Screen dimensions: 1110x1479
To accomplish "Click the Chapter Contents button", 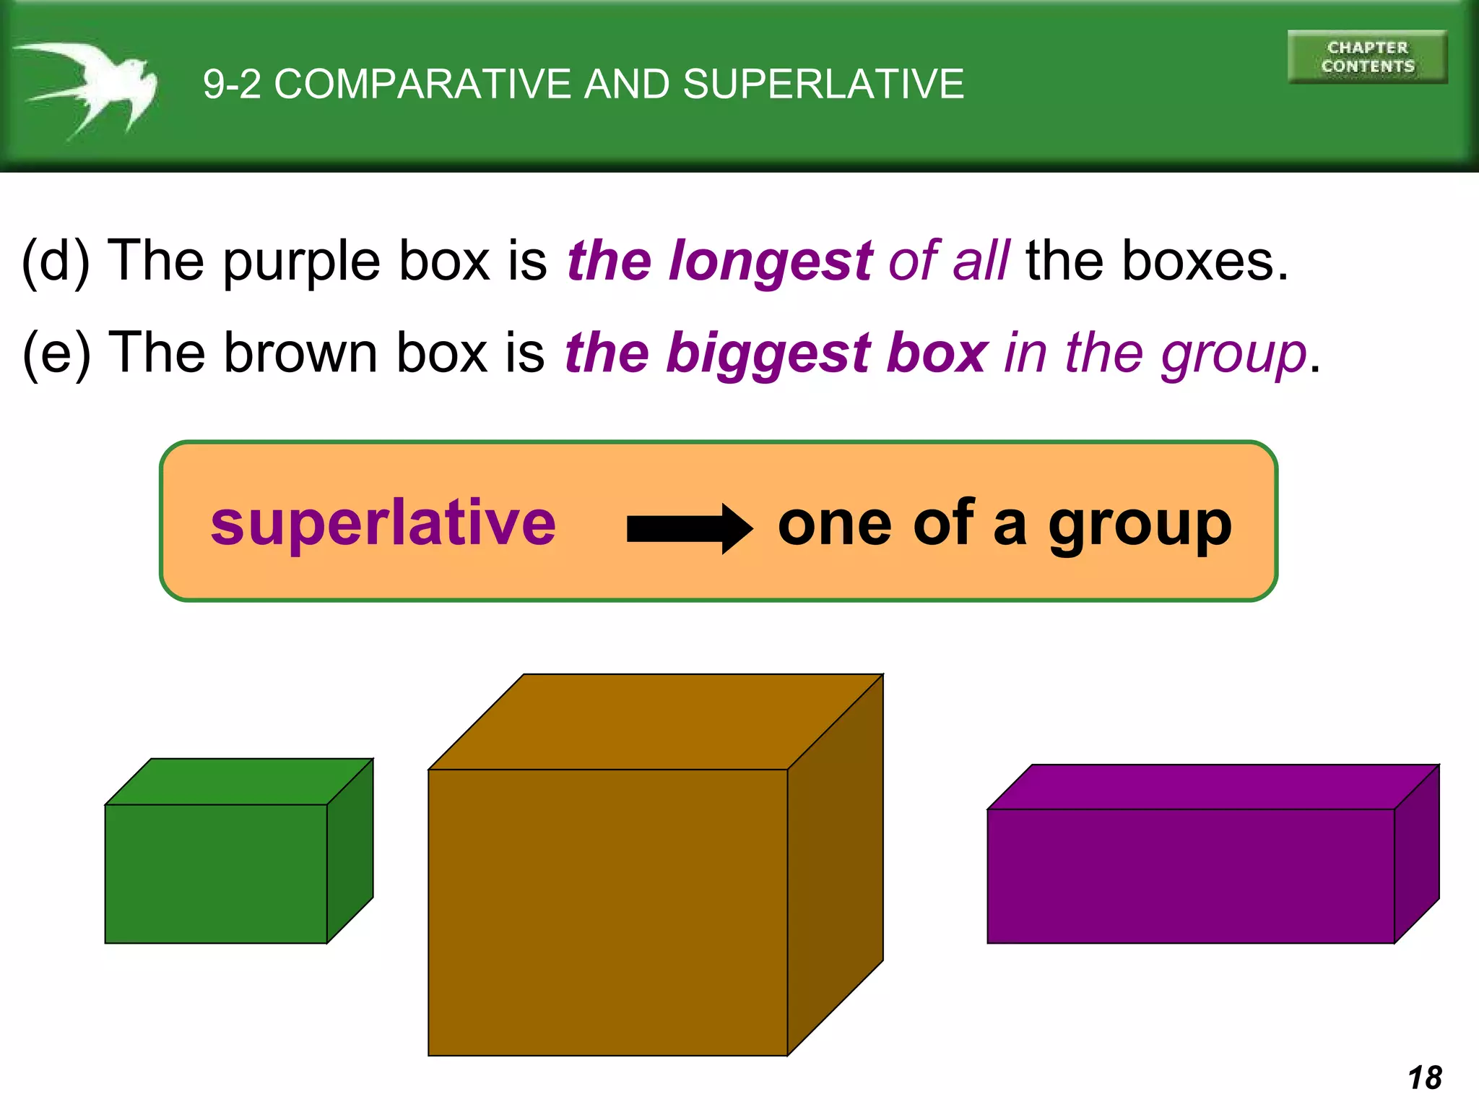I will tap(1367, 57).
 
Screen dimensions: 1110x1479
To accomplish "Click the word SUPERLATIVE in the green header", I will tap(823, 84).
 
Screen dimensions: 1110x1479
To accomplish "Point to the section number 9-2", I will tap(232, 84).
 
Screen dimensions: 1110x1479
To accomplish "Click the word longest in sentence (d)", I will tap(771, 261).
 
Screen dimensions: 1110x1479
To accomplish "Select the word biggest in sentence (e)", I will tap(768, 354).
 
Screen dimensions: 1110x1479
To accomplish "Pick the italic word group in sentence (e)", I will tap(1233, 354).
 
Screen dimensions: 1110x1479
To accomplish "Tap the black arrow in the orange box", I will tap(690, 528).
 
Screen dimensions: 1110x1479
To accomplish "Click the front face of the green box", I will tap(216, 873).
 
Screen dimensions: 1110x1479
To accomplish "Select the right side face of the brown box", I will tap(836, 864).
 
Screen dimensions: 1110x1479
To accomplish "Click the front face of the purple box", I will tap(1190, 876).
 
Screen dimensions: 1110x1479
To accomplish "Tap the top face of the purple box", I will tap(1213, 786).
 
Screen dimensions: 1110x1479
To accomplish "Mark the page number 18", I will tap(1425, 1077).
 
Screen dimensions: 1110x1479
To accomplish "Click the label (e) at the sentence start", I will tap(56, 353).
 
